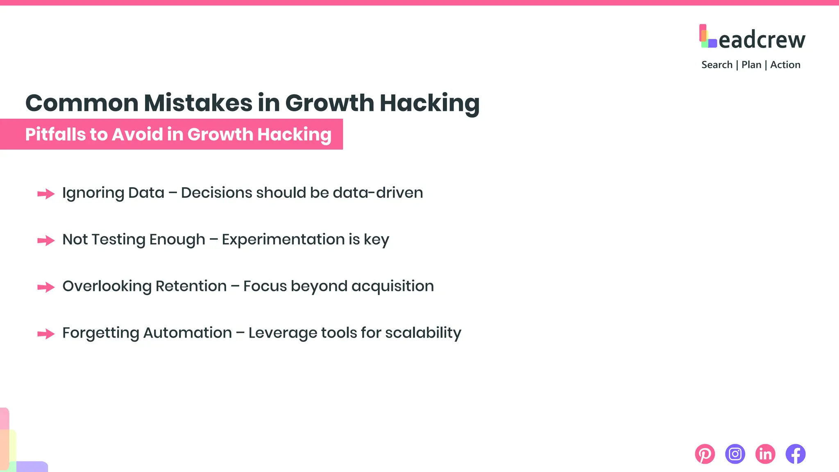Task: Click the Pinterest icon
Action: tap(705, 454)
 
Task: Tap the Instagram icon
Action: tap(735, 454)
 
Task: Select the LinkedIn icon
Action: tap(765, 454)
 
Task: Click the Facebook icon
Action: tap(796, 454)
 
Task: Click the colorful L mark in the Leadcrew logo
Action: tap(707, 36)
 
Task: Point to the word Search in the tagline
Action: tap(717, 65)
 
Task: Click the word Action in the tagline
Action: tap(785, 65)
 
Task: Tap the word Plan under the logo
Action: tap(751, 65)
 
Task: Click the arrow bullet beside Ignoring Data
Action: tap(46, 194)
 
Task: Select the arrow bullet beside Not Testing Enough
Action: tap(46, 241)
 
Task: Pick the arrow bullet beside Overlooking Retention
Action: tap(46, 287)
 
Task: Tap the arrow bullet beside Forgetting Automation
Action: tap(46, 334)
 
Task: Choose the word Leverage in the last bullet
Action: tap(282, 333)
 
